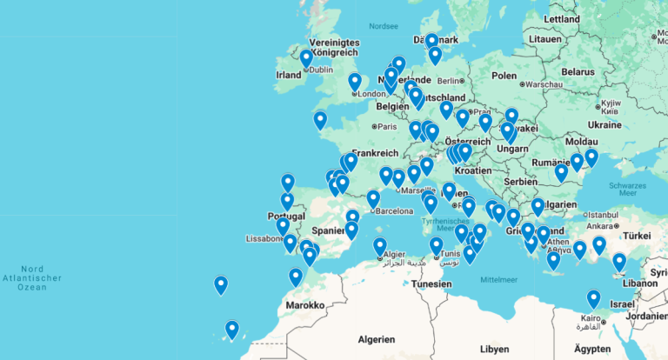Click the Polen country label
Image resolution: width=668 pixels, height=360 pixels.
pyautogui.click(x=504, y=75)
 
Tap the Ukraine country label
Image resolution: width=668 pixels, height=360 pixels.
pyautogui.click(x=605, y=124)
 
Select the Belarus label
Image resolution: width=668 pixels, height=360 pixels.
pyautogui.click(x=577, y=72)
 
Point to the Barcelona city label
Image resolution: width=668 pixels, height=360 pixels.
pyautogui.click(x=394, y=210)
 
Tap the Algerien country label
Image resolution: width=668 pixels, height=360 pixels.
pyautogui.click(x=377, y=339)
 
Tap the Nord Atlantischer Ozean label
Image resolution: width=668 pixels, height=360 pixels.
pyautogui.click(x=32, y=277)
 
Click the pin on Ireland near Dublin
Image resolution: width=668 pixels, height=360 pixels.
pyautogui.click(x=306, y=59)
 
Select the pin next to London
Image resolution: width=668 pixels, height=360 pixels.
pyautogui.click(x=355, y=83)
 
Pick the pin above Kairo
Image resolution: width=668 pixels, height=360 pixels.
pyautogui.click(x=593, y=299)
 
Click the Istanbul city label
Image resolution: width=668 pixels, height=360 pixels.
pyautogui.click(x=601, y=214)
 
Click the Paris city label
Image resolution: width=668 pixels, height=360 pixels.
pyautogui.click(x=385, y=126)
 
